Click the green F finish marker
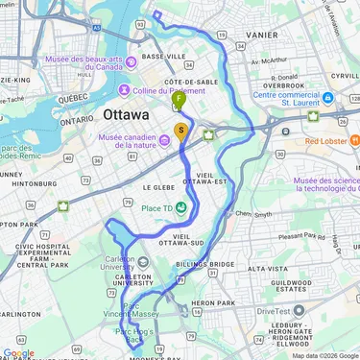(180, 98)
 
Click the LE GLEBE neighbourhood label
(156, 188)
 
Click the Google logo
(18, 352)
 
